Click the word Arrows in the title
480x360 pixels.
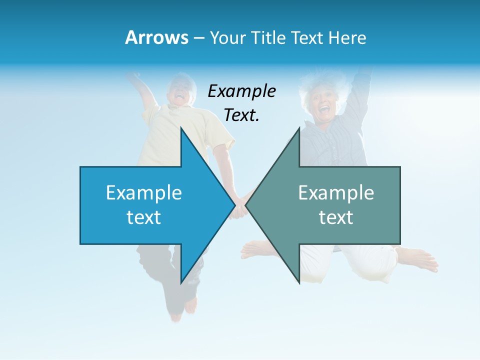[x=156, y=37]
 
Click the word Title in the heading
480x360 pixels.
[x=270, y=37]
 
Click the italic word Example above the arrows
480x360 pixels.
[x=241, y=91]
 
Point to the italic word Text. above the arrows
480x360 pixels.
[x=241, y=115]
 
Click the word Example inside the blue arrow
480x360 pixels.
[x=144, y=192]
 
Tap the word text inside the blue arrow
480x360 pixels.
[x=144, y=217]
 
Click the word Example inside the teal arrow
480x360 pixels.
[x=336, y=192]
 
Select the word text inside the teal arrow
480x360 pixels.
[x=336, y=217]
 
